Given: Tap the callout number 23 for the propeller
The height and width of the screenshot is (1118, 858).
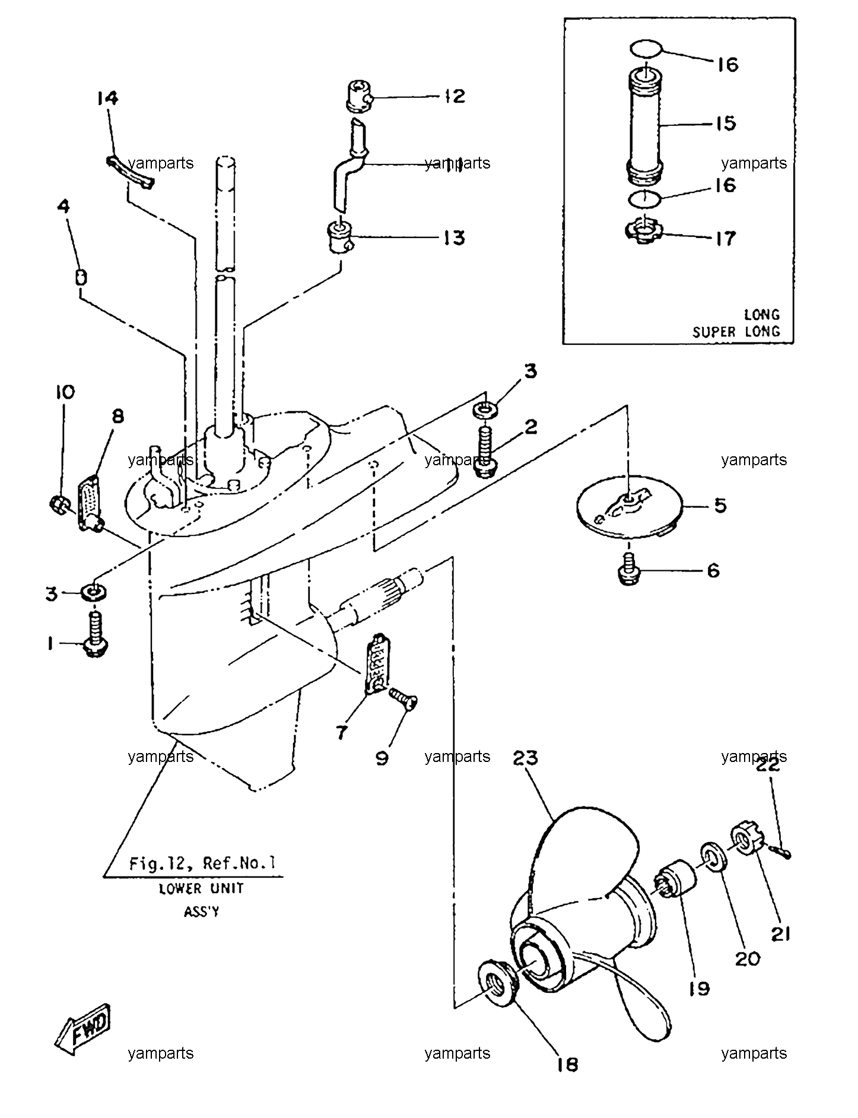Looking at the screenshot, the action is (x=526, y=758).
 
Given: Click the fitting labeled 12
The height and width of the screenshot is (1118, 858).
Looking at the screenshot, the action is (x=358, y=96).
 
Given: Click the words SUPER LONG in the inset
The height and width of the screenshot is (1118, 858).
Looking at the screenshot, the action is (x=736, y=331).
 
